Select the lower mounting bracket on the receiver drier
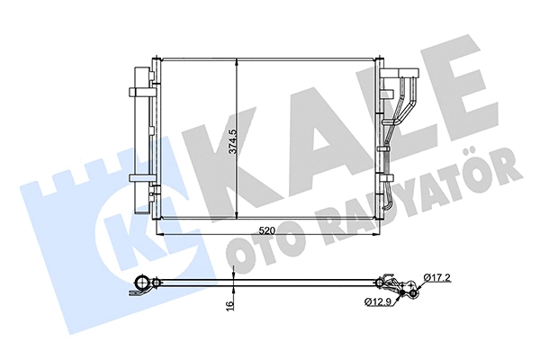click(142, 176)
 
